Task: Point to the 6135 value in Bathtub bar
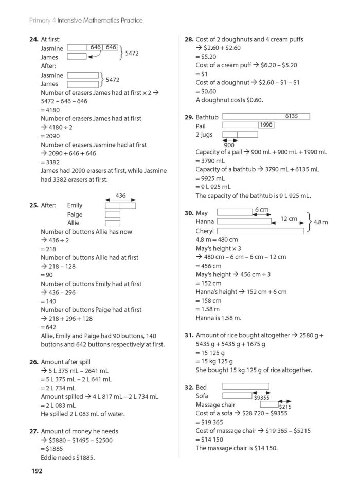tap(291, 116)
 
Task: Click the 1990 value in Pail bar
tap(266, 125)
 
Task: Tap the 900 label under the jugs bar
tap(229, 145)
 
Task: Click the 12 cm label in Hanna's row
tap(289, 219)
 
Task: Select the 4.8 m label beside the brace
tap(321, 222)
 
